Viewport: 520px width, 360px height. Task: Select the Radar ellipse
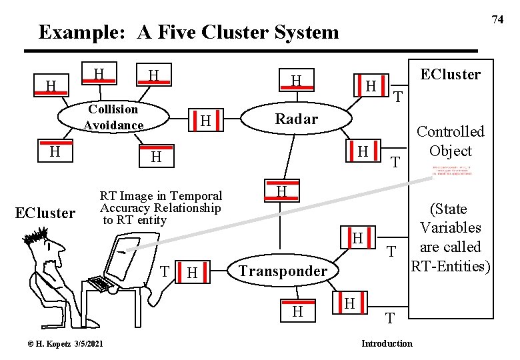(297, 119)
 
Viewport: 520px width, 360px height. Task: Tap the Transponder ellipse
(283, 271)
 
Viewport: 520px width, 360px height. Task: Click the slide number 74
(497, 19)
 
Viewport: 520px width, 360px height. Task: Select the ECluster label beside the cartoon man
(46, 213)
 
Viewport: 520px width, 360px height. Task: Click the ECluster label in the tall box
(450, 74)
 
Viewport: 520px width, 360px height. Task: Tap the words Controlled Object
(450, 141)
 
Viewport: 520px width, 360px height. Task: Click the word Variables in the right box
(450, 228)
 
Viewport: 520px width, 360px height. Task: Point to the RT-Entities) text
(450, 267)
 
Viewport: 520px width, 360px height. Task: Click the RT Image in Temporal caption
(161, 196)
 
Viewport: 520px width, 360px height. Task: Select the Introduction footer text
(387, 343)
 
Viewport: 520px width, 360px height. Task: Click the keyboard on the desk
(100, 283)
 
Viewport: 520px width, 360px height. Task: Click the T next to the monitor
(164, 271)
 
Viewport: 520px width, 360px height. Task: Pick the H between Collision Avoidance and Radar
(207, 121)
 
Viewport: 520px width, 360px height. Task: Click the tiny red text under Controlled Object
(451, 169)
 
